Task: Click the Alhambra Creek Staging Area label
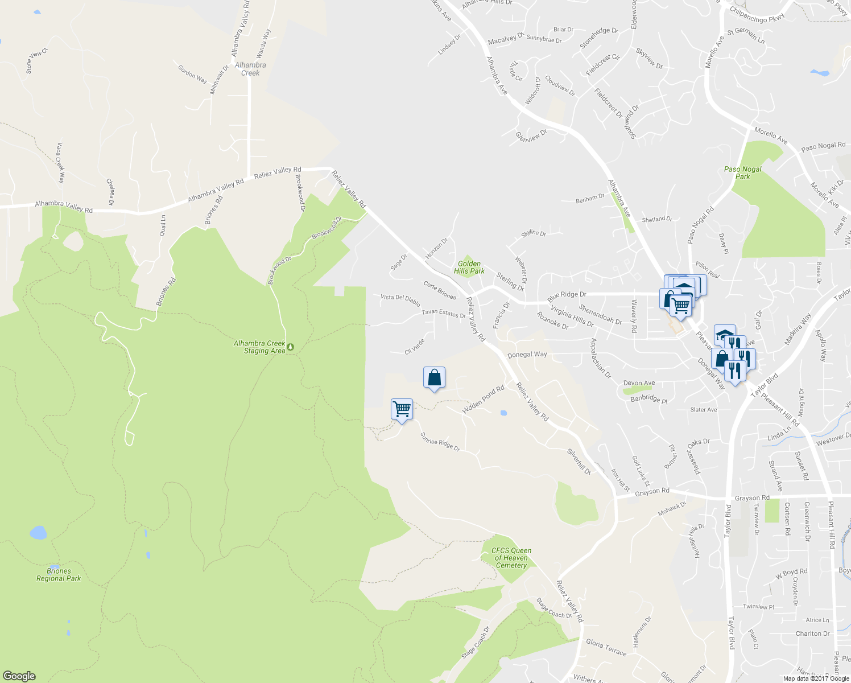coord(260,347)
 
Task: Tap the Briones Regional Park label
coord(59,574)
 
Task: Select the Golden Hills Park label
coord(469,268)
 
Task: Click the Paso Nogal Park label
coord(742,173)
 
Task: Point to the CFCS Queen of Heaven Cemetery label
coord(511,558)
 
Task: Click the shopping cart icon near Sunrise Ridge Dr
coord(402,409)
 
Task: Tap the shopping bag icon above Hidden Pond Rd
coord(434,377)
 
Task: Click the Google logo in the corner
coord(19,676)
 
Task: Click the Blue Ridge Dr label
coord(567,297)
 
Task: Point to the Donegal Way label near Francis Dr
coord(527,354)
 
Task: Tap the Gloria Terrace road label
coord(606,647)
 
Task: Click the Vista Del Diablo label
coord(400,299)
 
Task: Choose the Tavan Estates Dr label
coord(444,314)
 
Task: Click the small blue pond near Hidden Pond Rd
coord(503,413)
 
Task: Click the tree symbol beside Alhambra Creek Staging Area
coord(291,347)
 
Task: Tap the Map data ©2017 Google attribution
coord(816,678)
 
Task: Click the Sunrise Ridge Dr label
coord(440,442)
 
